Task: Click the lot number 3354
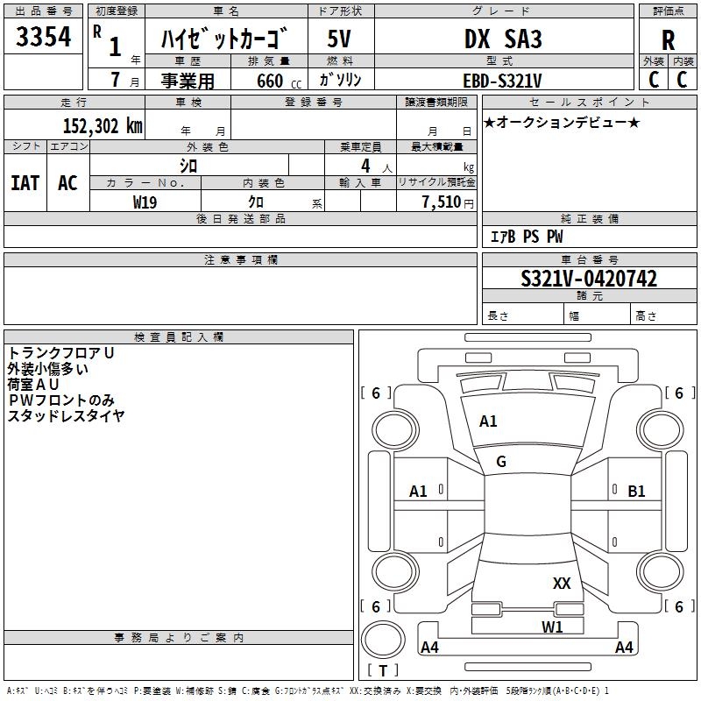click(43, 37)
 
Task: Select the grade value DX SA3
click(503, 39)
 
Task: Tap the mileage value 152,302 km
click(103, 126)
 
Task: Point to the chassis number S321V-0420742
click(589, 279)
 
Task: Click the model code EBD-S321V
click(502, 81)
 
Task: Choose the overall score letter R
click(668, 40)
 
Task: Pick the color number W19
click(145, 202)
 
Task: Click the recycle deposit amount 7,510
click(442, 202)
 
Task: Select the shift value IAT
click(25, 183)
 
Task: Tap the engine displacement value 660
click(270, 81)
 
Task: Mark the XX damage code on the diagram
click(562, 583)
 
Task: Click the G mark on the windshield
click(501, 462)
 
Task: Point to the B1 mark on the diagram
click(636, 492)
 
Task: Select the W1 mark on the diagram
click(552, 627)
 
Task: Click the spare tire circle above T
click(383, 640)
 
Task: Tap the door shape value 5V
click(339, 39)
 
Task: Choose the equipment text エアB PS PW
click(527, 237)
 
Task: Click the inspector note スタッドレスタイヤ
click(67, 415)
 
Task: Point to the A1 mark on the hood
click(488, 421)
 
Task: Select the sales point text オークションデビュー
click(562, 122)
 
